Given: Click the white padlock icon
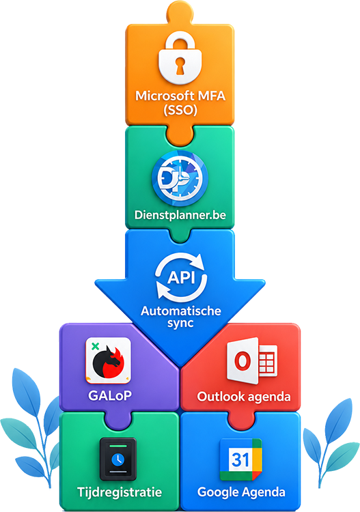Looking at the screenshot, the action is click(180, 58).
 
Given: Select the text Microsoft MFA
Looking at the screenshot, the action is click(180, 96).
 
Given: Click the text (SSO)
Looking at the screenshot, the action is click(180, 110).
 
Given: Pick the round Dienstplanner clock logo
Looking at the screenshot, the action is click(180, 178).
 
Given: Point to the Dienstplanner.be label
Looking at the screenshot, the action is click(180, 215).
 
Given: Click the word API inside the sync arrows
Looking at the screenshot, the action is click(181, 278).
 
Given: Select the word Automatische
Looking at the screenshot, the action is click(181, 311).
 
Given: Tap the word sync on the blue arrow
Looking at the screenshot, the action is click(180, 324).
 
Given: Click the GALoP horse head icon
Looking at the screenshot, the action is click(108, 360).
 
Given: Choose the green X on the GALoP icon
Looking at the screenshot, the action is click(95, 346).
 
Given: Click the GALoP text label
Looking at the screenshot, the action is click(110, 395).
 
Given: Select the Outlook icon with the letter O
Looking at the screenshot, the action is click(252, 360).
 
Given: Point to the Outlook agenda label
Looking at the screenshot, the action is click(244, 397).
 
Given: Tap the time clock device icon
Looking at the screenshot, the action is click(118, 459).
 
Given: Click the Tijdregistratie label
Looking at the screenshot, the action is click(120, 492).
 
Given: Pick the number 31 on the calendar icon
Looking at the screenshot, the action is click(240, 459).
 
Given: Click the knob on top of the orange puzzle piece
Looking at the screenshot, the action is click(180, 12).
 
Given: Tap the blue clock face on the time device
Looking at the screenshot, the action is click(118, 459).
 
